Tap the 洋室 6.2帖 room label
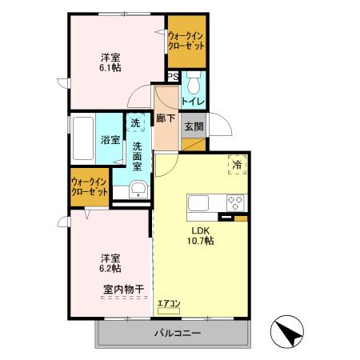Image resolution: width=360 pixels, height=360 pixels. click(111, 264)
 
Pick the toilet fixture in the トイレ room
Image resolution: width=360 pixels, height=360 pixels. click(194, 84)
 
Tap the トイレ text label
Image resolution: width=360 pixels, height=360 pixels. click(194, 102)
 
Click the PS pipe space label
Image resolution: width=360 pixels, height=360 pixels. click(173, 77)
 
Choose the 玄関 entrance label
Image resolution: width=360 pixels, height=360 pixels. click(193, 126)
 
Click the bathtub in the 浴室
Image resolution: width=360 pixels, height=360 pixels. click(83, 139)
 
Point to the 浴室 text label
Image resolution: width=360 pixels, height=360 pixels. click(110, 140)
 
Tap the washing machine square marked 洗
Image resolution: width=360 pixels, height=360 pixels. click(135, 123)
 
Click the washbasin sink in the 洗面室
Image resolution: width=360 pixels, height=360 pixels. click(138, 189)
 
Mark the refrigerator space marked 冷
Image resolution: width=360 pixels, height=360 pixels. click(238, 164)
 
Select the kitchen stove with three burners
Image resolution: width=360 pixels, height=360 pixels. click(235, 202)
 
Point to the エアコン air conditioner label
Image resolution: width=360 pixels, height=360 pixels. click(169, 303)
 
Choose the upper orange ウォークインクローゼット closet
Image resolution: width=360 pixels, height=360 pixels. click(186, 40)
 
